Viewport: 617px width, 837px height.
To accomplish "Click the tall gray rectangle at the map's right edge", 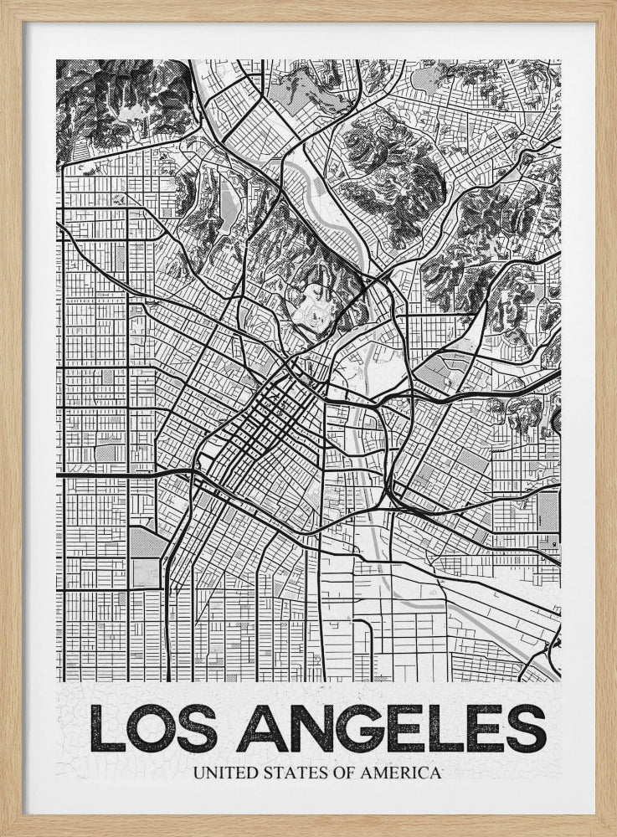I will [x=548, y=510].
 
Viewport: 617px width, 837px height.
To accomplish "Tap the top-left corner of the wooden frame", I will [x=3, y=3].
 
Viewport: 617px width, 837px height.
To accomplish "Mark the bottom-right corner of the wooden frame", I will [x=613, y=833].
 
